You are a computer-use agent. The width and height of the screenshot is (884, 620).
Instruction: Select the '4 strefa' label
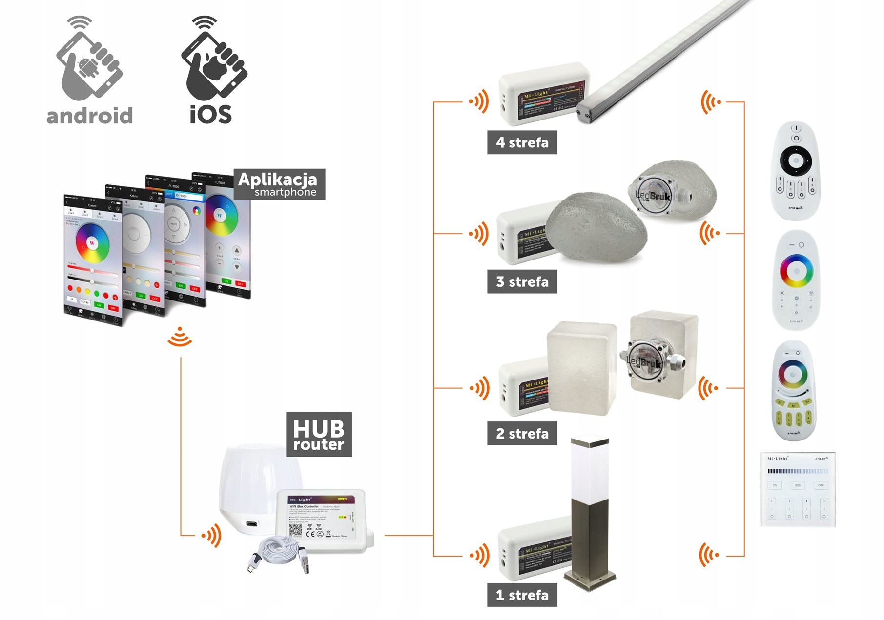(x=522, y=142)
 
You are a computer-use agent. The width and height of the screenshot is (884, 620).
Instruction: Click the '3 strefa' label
(x=522, y=281)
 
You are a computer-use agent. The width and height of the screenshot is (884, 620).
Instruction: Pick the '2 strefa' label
(x=522, y=433)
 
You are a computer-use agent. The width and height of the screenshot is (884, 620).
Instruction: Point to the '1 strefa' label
(x=522, y=595)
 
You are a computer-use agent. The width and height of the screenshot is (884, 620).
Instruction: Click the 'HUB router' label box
(x=319, y=434)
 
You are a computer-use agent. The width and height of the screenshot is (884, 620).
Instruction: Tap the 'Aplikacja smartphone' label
(x=279, y=184)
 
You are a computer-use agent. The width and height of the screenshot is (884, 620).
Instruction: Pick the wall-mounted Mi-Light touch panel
(x=798, y=489)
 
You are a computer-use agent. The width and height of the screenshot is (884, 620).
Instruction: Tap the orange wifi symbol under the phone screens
(x=180, y=337)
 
